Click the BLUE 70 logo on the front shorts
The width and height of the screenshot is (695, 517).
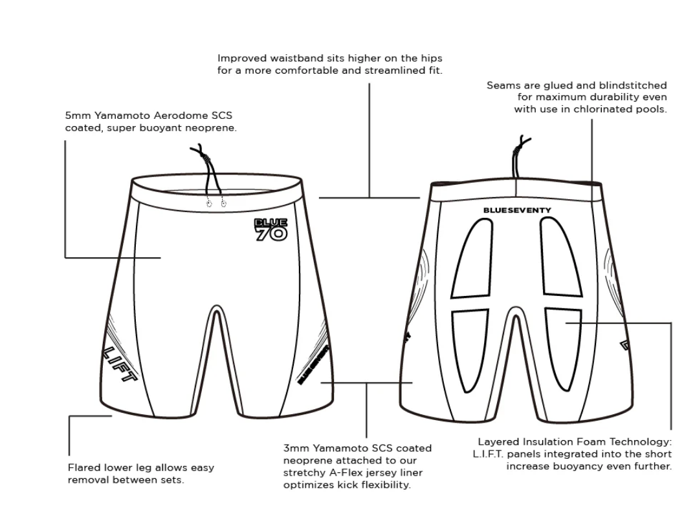coord(271,229)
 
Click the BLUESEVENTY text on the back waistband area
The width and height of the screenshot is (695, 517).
coord(517,210)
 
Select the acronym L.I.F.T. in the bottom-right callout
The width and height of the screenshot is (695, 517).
coord(488,454)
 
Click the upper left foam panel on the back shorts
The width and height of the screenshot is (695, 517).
coord(472,259)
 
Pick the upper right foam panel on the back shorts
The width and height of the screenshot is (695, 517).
coord(560,258)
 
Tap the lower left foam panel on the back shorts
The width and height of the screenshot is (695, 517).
coord(470,350)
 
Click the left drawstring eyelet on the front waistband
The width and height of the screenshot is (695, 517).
coord(209,203)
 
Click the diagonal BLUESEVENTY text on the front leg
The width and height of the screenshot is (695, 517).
coord(313,364)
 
